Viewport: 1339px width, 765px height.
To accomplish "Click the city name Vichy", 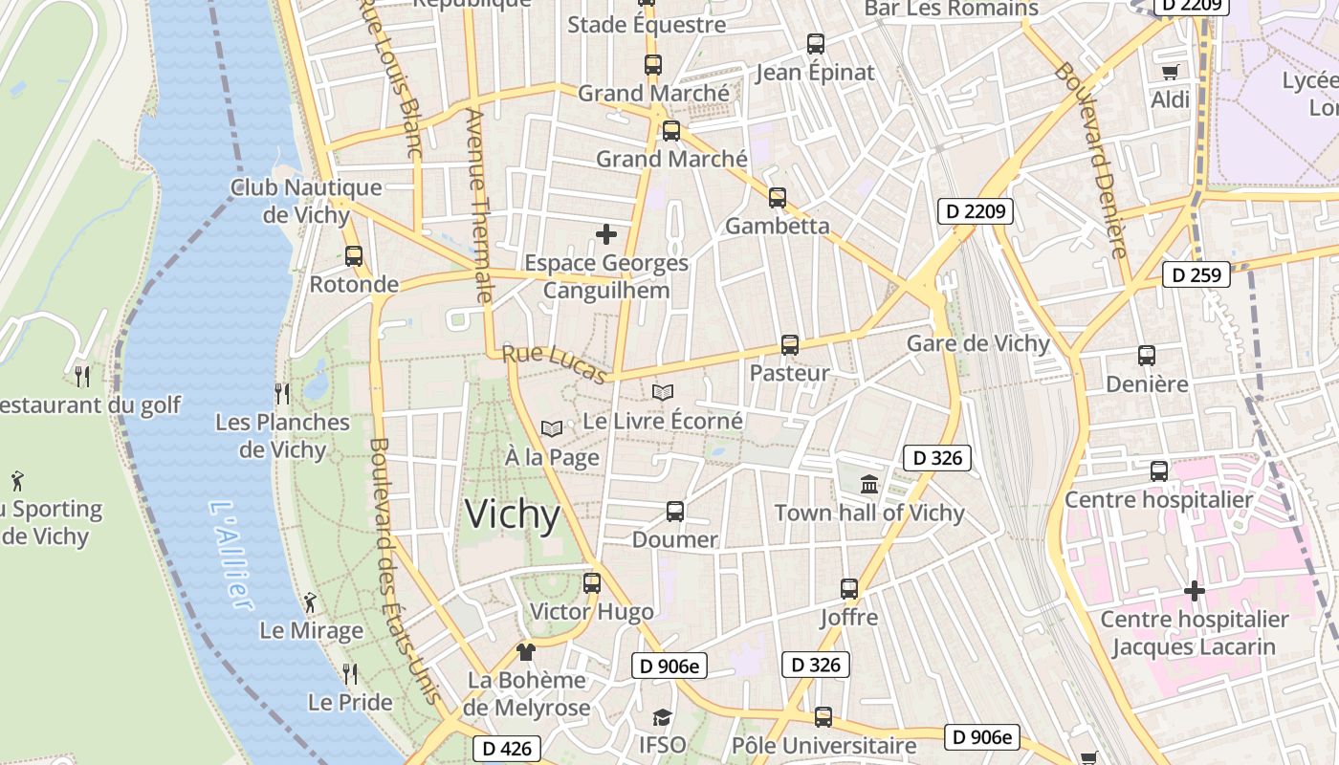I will tap(513, 515).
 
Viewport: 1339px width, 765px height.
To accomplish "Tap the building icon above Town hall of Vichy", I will tap(869, 485).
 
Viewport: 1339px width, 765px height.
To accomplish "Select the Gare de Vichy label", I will tap(977, 343).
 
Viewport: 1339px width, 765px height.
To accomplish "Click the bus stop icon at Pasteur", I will tap(789, 345).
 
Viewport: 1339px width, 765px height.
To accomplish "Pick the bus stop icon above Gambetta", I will tap(778, 198).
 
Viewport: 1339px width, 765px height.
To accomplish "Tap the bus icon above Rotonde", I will tap(354, 256).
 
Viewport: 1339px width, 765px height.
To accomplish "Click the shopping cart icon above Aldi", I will tap(1170, 72).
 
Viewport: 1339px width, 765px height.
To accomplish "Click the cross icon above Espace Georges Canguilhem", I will tap(606, 234).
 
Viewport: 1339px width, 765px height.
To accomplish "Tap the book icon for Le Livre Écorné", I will tap(663, 392).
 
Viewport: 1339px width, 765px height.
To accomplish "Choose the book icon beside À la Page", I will tap(552, 429).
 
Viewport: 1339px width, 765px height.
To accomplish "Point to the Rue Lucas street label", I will tap(555, 363).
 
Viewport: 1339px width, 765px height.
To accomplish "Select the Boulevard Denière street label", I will tap(1092, 161).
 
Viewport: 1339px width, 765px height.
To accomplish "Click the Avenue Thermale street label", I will tap(476, 206).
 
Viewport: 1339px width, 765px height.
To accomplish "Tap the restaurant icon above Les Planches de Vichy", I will tap(282, 393).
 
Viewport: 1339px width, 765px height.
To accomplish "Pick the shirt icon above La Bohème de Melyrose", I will tap(525, 652).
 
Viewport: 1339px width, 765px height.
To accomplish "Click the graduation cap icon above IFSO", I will tap(662, 717).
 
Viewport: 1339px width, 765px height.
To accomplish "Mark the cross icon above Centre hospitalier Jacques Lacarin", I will tap(1194, 591).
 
